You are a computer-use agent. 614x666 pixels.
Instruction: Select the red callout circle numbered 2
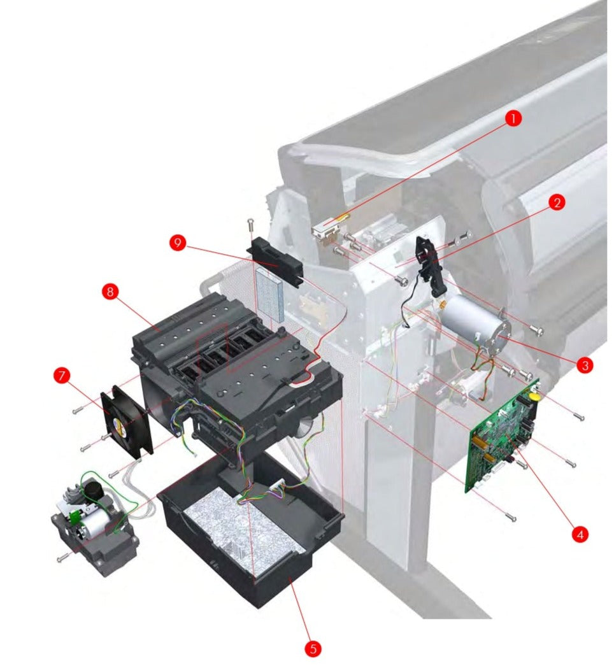click(x=556, y=203)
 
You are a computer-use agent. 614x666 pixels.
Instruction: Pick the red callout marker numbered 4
click(x=579, y=534)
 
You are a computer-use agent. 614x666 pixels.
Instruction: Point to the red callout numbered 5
click(x=313, y=648)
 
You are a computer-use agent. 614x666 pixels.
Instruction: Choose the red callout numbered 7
click(x=62, y=376)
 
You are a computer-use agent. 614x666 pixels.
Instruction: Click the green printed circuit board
click(x=505, y=435)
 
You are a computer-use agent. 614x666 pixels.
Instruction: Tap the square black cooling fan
click(x=127, y=421)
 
